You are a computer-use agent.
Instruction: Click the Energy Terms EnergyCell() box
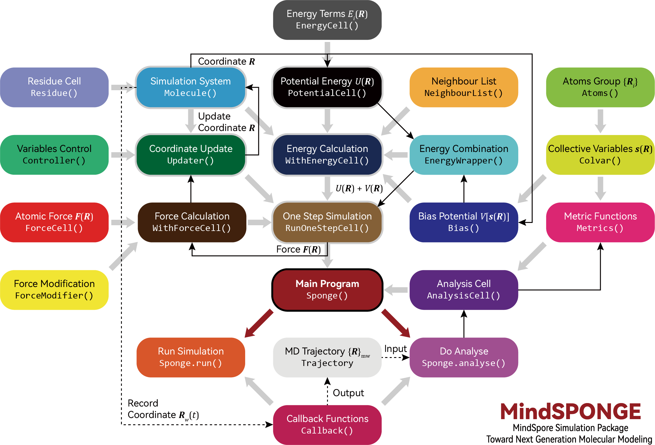(x=327, y=20)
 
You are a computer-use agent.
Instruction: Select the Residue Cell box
(x=54, y=87)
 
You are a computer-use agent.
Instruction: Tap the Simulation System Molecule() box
(x=191, y=87)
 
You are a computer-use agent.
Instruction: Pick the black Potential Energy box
(x=327, y=87)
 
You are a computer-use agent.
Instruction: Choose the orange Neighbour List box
(x=464, y=87)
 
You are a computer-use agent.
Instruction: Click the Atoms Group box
(x=600, y=87)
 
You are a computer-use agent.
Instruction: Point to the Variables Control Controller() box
(x=54, y=155)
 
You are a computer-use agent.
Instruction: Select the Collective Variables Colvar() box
(x=600, y=155)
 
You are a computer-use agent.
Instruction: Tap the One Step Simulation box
(x=327, y=222)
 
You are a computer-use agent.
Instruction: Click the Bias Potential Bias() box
(x=464, y=222)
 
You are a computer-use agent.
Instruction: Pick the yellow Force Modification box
(x=54, y=290)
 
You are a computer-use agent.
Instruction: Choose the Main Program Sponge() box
(x=327, y=290)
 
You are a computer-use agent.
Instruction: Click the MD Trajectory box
(x=327, y=357)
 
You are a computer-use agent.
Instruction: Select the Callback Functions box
(x=327, y=425)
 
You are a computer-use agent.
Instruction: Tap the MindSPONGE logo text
(x=571, y=412)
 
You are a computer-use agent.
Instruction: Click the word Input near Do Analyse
(x=395, y=349)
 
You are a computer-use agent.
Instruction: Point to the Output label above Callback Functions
(x=348, y=393)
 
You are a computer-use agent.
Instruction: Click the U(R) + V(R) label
(x=359, y=188)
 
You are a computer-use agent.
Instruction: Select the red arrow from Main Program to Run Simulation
(x=259, y=323)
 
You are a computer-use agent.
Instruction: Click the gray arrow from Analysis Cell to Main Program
(x=396, y=290)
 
